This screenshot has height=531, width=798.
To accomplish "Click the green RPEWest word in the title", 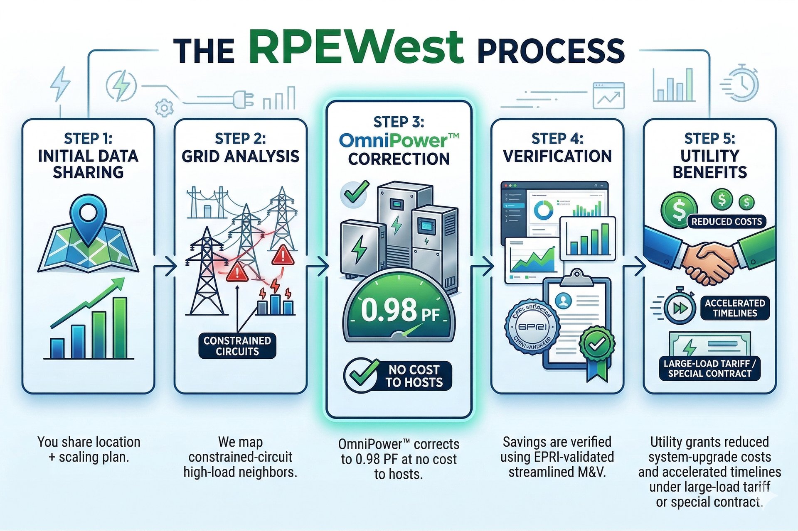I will coord(357,46).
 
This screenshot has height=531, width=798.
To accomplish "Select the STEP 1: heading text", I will coord(88,138).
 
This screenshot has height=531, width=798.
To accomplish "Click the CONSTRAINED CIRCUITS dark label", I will coord(237,346).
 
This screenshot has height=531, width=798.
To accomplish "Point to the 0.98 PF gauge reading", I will coord(399,311).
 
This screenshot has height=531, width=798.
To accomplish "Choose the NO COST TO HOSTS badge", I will coord(398,376).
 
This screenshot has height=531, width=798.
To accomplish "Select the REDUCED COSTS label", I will coord(727,222).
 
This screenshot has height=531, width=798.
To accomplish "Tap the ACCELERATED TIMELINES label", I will coord(735,308).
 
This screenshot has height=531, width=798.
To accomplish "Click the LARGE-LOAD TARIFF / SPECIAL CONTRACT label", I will coord(709,368).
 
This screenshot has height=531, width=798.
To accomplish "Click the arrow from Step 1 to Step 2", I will coord(165,266).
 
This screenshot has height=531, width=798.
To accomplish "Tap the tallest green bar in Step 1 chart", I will coord(120,328).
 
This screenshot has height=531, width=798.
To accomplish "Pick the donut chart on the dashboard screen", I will coord(543,210).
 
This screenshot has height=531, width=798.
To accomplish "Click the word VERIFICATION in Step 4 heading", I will coord(557,156).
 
